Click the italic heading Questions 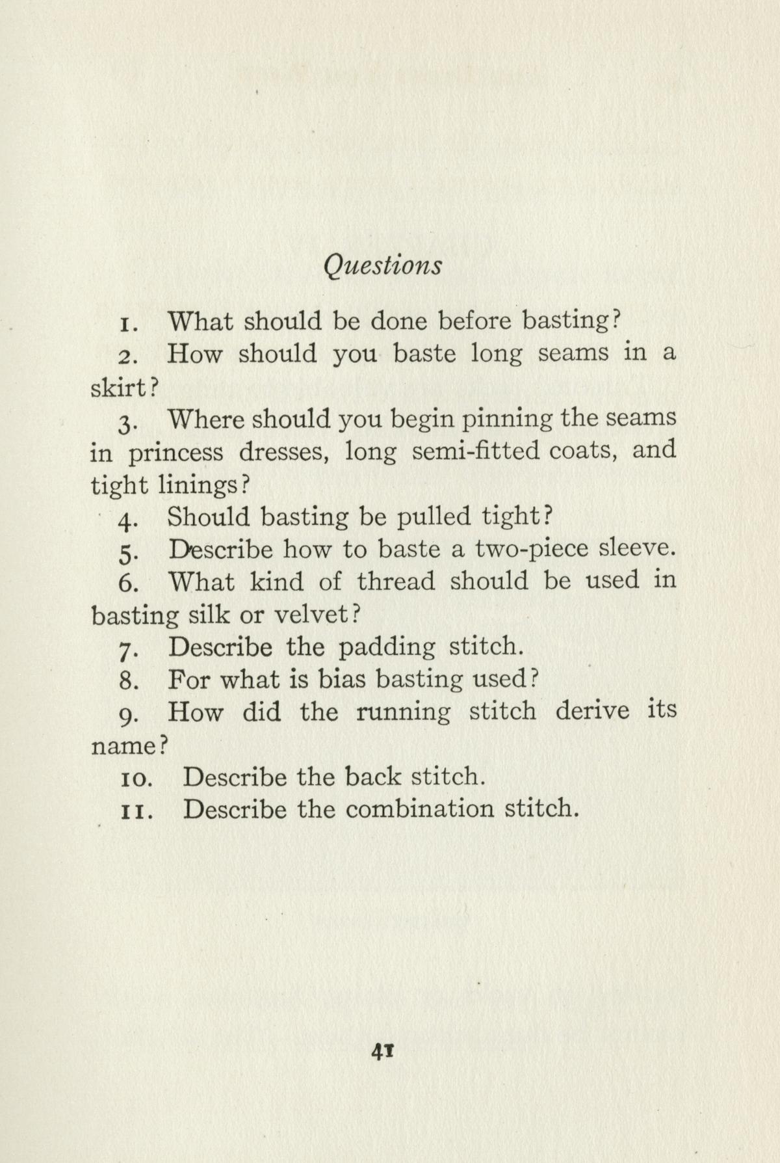(x=383, y=266)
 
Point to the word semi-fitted (x=476, y=451)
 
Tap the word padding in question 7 (x=387, y=648)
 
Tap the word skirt (x=120, y=388)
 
